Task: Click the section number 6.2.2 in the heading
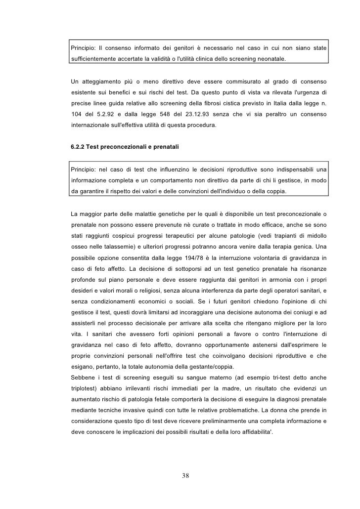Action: (x=80, y=147)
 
